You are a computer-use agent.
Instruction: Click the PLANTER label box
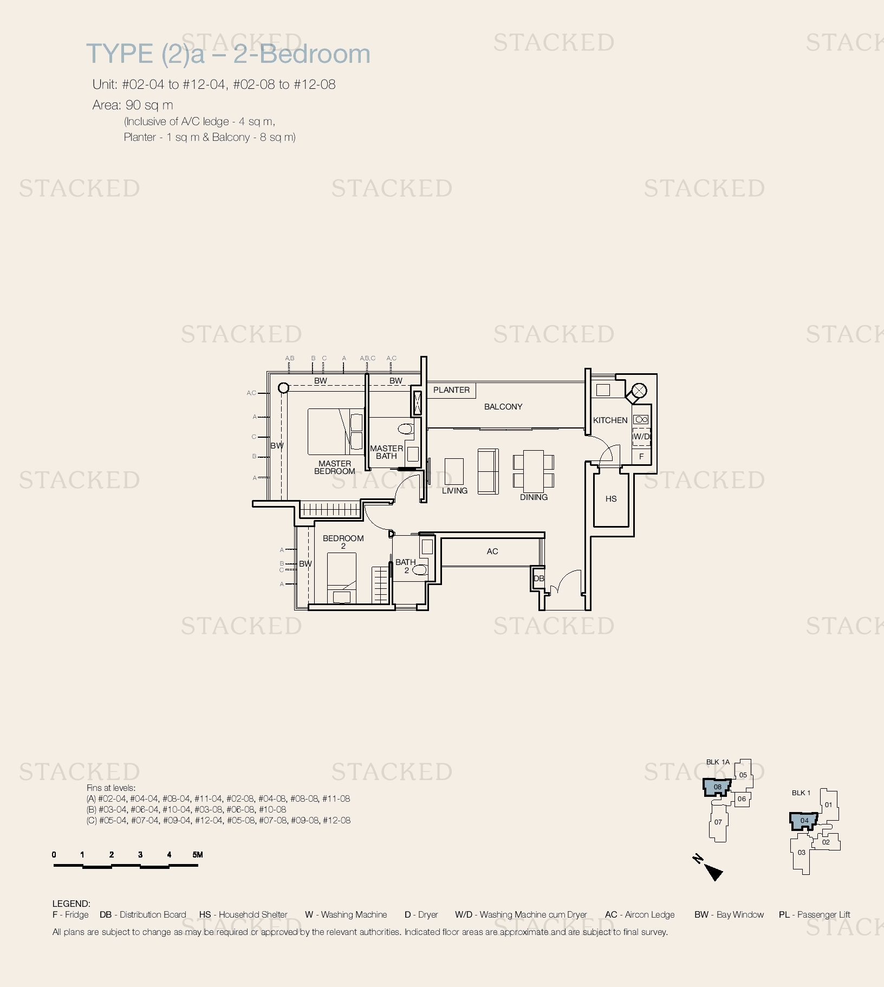pyautogui.click(x=451, y=390)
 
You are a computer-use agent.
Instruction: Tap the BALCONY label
pyautogui.click(x=503, y=407)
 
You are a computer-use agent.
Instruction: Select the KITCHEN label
pyautogui.click(x=610, y=420)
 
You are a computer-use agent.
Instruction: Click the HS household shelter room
pyautogui.click(x=611, y=499)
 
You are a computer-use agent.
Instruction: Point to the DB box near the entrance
pyautogui.click(x=538, y=579)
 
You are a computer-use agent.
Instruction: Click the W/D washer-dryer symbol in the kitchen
pyautogui.click(x=641, y=436)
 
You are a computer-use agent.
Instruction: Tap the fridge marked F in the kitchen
pyautogui.click(x=641, y=456)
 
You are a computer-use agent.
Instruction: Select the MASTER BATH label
pyautogui.click(x=386, y=452)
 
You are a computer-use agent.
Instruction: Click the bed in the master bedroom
pyautogui.click(x=336, y=432)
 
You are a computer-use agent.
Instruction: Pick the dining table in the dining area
pyautogui.click(x=534, y=469)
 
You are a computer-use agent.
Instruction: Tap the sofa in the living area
pyautogui.click(x=488, y=471)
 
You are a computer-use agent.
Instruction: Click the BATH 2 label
pyautogui.click(x=406, y=566)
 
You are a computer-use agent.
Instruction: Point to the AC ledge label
pyautogui.click(x=492, y=551)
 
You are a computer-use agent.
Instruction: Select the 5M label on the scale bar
pyautogui.click(x=198, y=855)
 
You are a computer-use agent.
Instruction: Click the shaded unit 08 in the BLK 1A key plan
pyautogui.click(x=717, y=787)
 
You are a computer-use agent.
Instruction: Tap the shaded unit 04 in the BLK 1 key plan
pyautogui.click(x=804, y=821)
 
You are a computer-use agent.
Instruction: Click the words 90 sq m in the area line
pyautogui.click(x=149, y=105)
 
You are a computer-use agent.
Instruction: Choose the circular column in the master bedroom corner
pyautogui.click(x=283, y=388)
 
